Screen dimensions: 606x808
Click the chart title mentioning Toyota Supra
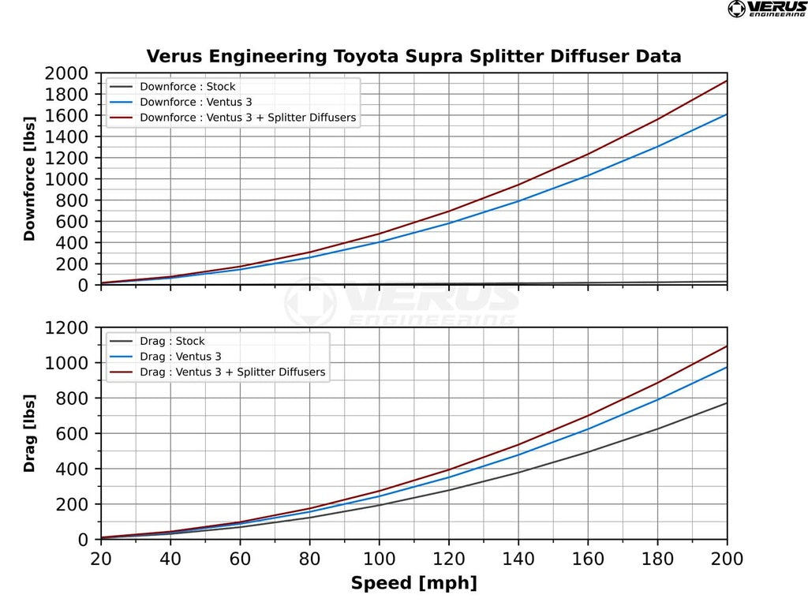(x=413, y=57)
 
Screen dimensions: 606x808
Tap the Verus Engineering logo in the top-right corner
(x=766, y=9)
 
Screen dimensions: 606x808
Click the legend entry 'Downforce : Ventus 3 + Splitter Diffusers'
(x=247, y=118)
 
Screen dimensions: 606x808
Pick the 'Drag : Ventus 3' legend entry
(x=181, y=357)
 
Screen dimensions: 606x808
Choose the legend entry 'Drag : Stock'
(x=171, y=341)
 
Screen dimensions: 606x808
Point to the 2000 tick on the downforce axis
(x=67, y=73)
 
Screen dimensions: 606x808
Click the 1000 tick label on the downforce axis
(x=67, y=179)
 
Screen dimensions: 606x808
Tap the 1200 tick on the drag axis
(x=67, y=327)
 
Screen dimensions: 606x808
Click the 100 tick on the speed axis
(x=379, y=559)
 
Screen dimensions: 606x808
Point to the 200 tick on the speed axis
(x=727, y=559)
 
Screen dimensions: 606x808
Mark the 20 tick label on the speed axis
(x=101, y=559)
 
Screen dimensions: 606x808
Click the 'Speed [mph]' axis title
(x=413, y=584)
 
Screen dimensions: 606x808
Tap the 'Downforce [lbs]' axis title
(x=30, y=178)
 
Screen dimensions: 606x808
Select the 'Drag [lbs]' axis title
(x=30, y=433)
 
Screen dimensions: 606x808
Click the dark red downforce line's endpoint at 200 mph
(x=727, y=80)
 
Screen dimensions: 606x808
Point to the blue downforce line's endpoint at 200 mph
(x=727, y=114)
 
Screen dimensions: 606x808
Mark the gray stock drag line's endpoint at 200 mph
(x=727, y=403)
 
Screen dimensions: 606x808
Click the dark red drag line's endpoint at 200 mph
(x=727, y=346)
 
